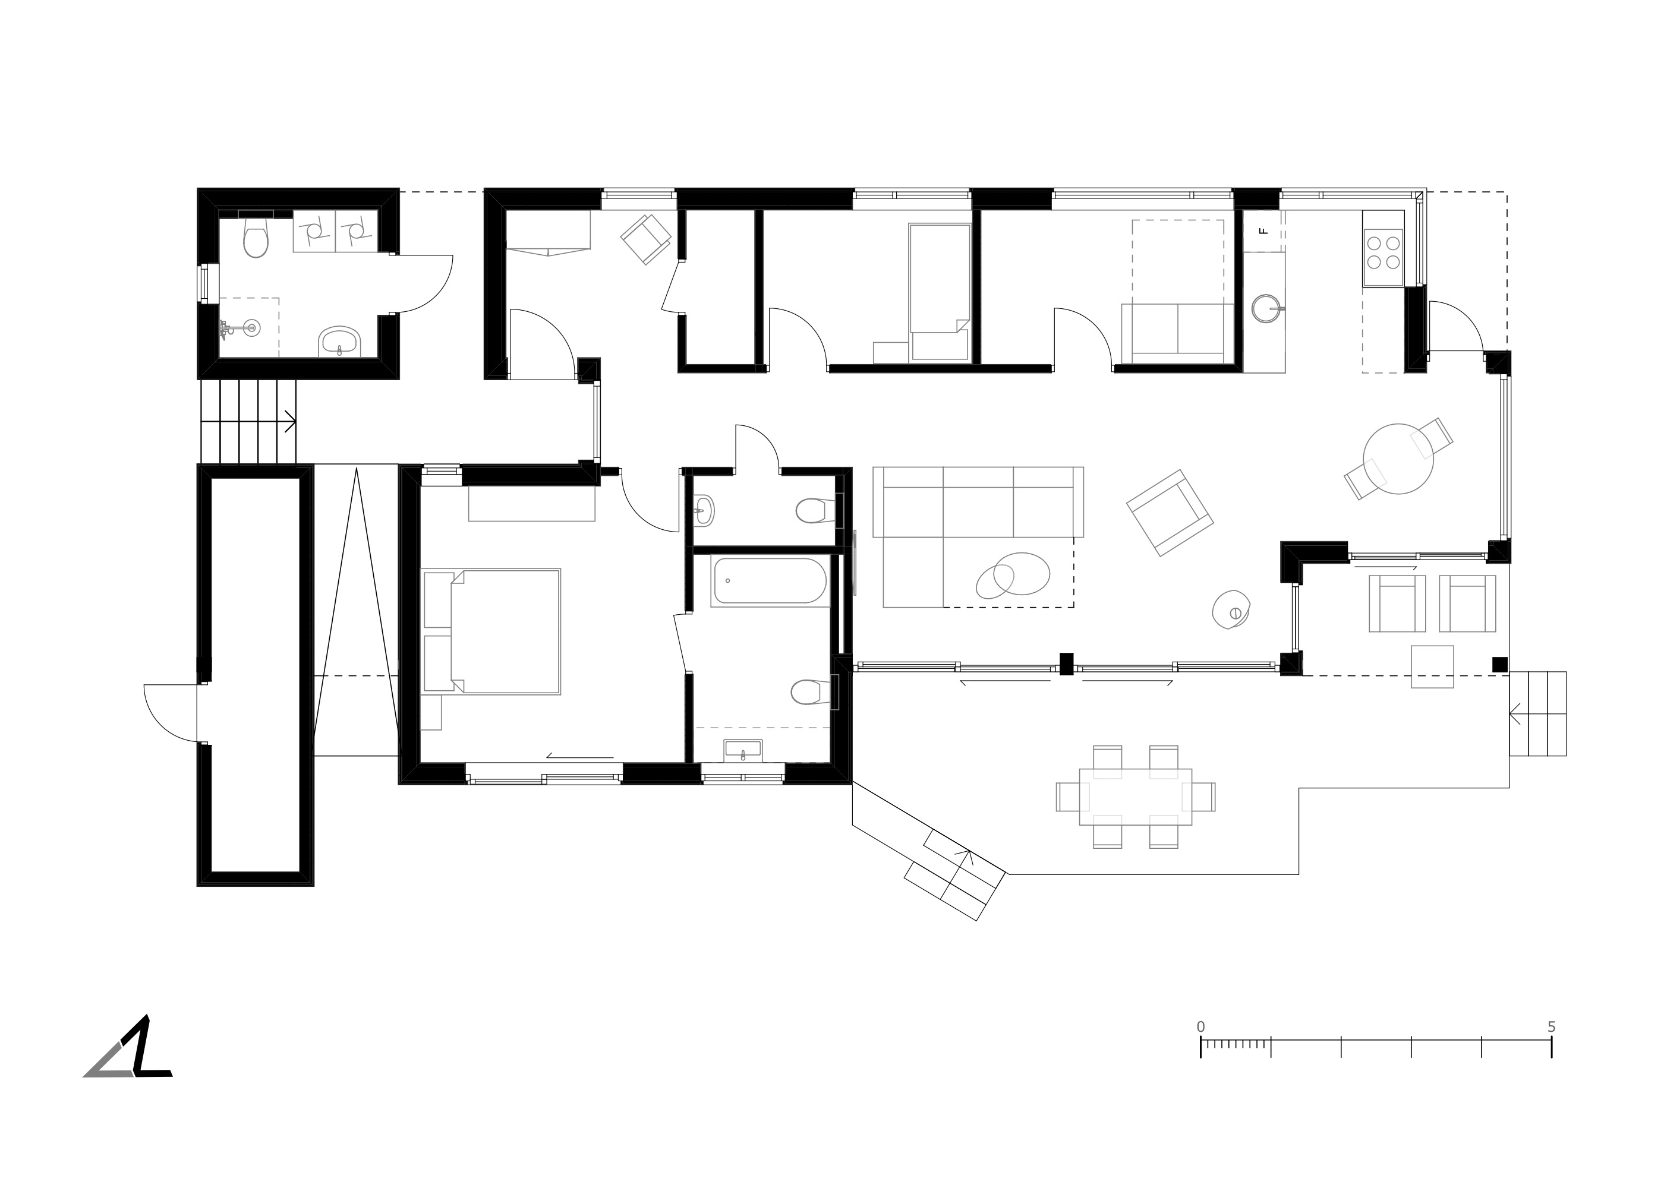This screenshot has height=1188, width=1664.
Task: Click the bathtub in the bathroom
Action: [x=769, y=581]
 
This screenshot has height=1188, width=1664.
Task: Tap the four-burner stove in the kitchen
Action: [x=1383, y=257]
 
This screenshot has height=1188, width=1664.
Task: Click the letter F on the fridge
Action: [x=1262, y=231]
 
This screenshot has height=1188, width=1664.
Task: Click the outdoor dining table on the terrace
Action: [x=1135, y=797]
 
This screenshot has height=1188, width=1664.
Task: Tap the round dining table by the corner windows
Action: [x=1398, y=459]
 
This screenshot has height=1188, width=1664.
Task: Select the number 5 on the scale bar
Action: [x=1551, y=1027]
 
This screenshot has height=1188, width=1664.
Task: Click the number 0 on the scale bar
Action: [x=1201, y=1027]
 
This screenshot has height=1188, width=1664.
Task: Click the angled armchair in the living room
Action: [x=1170, y=512]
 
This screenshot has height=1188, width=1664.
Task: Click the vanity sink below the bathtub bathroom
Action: [x=743, y=751]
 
